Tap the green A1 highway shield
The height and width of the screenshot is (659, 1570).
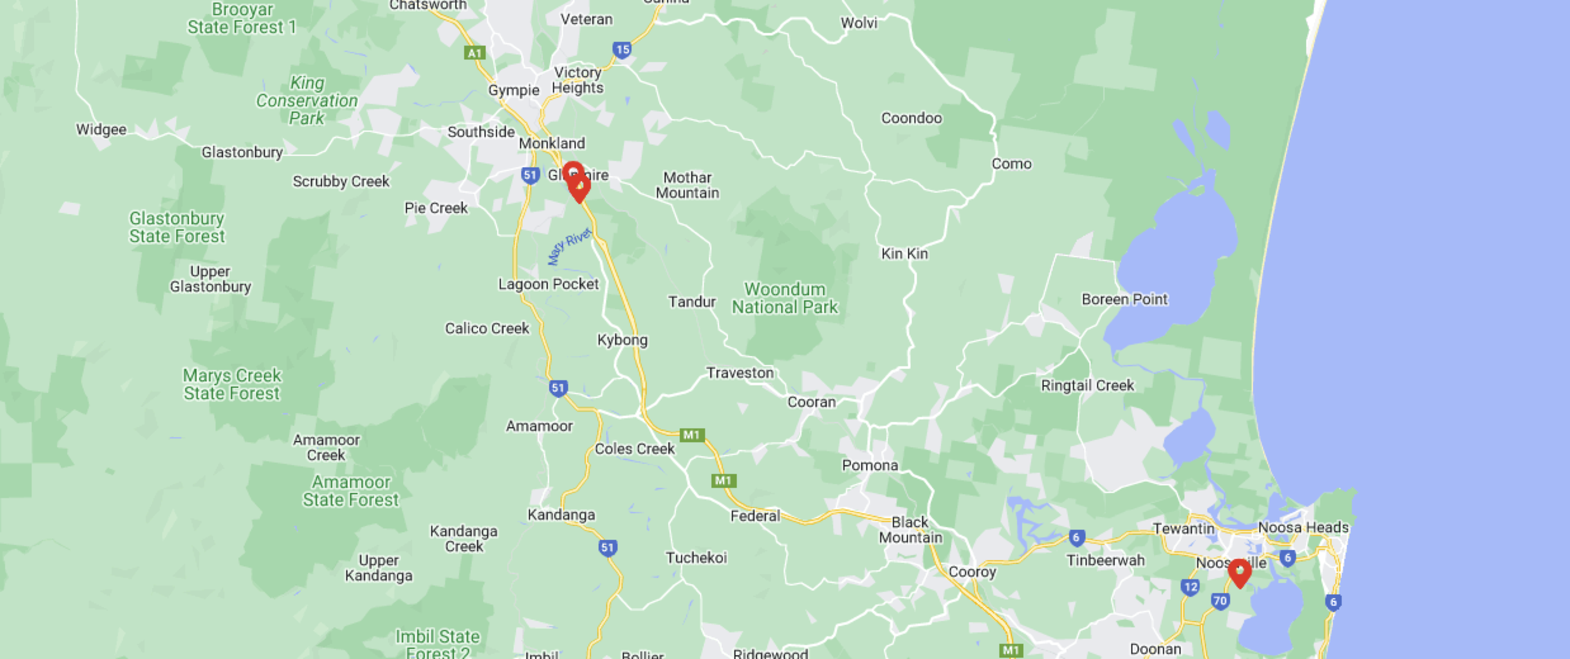pos(474,53)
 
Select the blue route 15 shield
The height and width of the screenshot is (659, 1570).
pos(621,49)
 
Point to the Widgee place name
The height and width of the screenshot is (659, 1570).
pos(101,130)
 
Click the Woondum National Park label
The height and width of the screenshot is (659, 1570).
pos(785,298)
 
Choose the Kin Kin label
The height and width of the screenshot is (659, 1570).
pos(904,254)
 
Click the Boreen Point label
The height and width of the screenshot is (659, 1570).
pos(1124,299)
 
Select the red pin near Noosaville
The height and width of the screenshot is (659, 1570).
pos(1239,572)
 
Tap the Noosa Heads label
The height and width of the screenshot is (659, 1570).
pos(1303,527)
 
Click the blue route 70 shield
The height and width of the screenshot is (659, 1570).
pos(1220,601)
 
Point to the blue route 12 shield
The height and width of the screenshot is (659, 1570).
pos(1190,587)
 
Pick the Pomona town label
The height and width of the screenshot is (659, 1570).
pos(870,466)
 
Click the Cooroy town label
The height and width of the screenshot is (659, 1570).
pos(972,572)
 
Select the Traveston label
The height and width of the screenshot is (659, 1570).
pos(740,373)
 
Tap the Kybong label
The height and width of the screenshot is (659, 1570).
pos(622,340)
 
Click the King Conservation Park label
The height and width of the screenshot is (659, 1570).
pos(307,101)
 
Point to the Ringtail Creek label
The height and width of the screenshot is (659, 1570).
pos(1087,386)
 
